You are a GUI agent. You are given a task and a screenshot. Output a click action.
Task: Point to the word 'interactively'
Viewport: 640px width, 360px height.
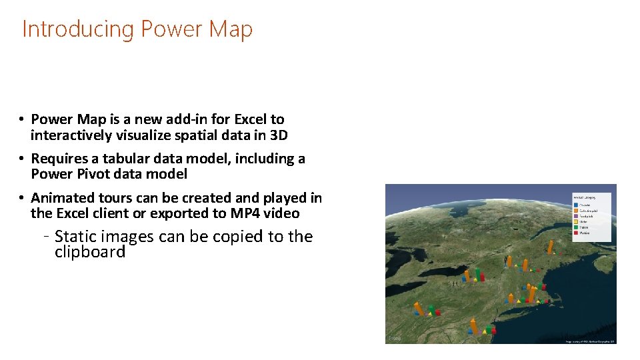(x=73, y=135)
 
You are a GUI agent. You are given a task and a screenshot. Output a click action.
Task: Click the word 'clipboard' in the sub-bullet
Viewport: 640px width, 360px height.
(x=90, y=252)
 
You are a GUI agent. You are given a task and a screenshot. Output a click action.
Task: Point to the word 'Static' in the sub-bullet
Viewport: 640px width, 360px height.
(x=75, y=237)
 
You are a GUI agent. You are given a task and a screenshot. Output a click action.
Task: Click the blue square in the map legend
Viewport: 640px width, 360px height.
(x=576, y=204)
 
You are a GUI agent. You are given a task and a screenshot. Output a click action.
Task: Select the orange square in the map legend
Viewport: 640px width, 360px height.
(x=576, y=211)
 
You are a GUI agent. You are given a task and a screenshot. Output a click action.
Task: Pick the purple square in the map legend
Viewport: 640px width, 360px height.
(x=576, y=217)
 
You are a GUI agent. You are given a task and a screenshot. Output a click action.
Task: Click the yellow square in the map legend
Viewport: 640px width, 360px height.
(x=576, y=222)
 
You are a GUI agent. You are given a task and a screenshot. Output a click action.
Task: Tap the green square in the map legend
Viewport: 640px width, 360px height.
(x=576, y=228)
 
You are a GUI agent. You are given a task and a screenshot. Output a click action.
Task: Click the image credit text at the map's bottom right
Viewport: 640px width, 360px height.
(x=589, y=341)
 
